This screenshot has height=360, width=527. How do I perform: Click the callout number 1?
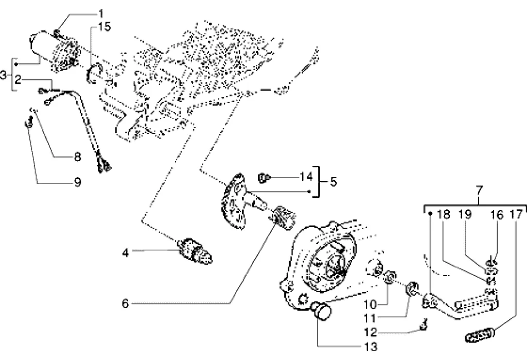pyautogui.click(x=101, y=13)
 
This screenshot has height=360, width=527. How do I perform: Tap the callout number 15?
pyautogui.click(x=104, y=27)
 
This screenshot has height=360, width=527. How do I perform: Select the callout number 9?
pyautogui.click(x=78, y=182)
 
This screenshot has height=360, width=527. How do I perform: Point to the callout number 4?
pyautogui.click(x=126, y=253)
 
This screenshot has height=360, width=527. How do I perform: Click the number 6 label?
pyautogui.click(x=126, y=303)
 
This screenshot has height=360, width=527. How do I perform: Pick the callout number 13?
pyautogui.click(x=371, y=347)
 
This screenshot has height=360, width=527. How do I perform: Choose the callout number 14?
pyautogui.click(x=306, y=176)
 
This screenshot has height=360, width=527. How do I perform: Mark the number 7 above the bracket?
pyautogui.click(x=479, y=191)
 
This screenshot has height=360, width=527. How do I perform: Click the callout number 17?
pyautogui.click(x=517, y=215)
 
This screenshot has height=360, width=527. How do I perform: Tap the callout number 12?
pyautogui.click(x=371, y=332)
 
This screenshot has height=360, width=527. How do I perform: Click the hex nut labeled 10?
pyautogui.click(x=391, y=277)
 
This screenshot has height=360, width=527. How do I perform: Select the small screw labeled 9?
pyautogui.click(x=29, y=122)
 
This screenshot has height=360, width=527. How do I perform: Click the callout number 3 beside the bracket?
pyautogui.click(x=3, y=75)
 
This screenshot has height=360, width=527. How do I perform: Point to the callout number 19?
pyautogui.click(x=465, y=215)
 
